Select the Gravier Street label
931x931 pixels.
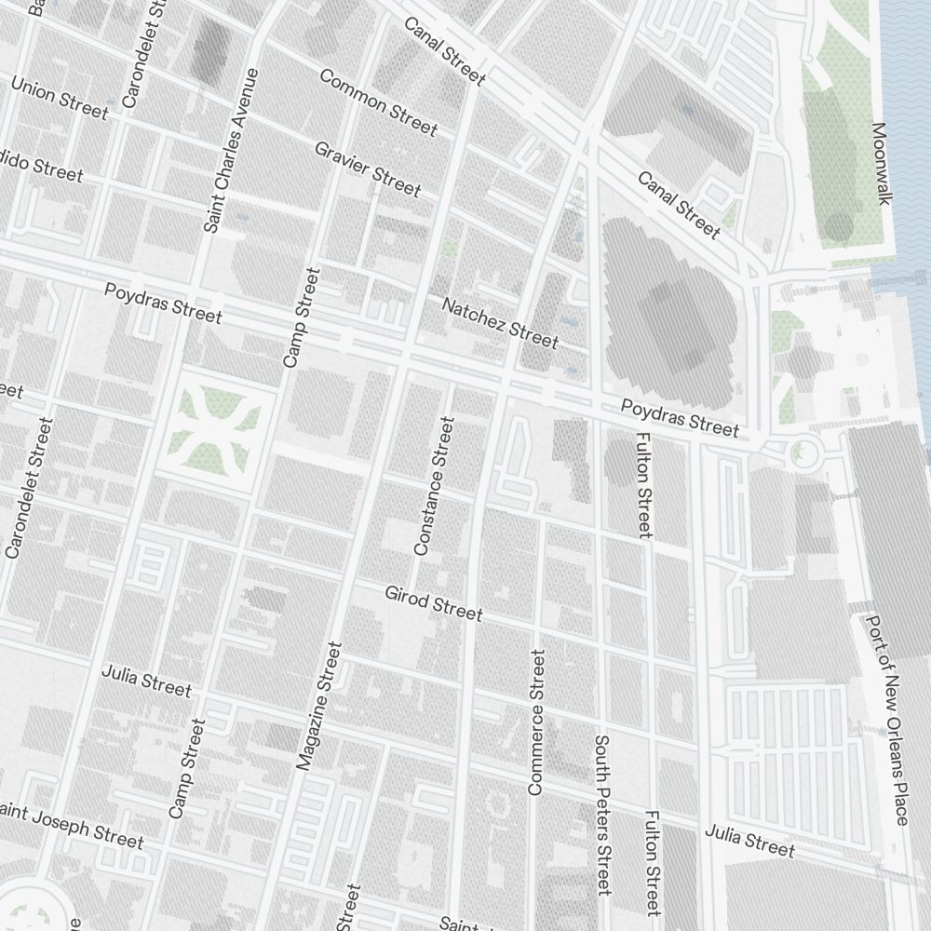coord(367,169)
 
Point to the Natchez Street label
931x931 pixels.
coord(500,322)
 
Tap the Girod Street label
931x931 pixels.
coord(434,602)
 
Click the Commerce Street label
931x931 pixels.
coord(536,722)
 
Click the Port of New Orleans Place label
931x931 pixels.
coord(886,719)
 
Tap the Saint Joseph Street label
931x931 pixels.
coord(73,825)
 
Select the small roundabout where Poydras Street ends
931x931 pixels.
coord(799,454)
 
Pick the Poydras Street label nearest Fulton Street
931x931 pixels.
coord(680,417)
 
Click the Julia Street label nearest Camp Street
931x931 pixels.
coord(146,681)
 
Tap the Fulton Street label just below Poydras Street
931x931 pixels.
coord(642,484)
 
